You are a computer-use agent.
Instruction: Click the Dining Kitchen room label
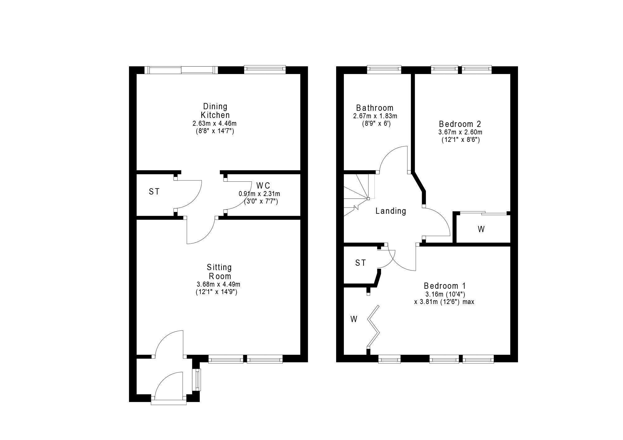point(215,110)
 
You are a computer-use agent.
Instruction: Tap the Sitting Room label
point(219,272)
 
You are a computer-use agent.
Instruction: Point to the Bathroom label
point(375,108)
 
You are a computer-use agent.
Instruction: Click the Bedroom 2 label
point(460,124)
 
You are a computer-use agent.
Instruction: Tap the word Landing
point(391,211)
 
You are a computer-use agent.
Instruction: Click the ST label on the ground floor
point(154,192)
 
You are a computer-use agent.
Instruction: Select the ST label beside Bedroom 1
point(360,263)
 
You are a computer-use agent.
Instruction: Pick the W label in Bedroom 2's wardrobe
point(481,229)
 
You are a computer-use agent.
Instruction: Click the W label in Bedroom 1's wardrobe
point(354,319)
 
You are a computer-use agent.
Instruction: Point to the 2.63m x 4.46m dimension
point(214,124)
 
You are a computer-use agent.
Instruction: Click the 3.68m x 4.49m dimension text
point(218,284)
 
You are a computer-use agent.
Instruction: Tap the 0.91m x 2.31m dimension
point(259,194)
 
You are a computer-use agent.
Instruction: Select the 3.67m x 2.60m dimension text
point(460,132)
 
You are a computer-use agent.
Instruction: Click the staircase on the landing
point(358,194)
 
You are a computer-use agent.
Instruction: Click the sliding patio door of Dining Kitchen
point(181,70)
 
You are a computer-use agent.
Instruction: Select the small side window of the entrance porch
point(198,380)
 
